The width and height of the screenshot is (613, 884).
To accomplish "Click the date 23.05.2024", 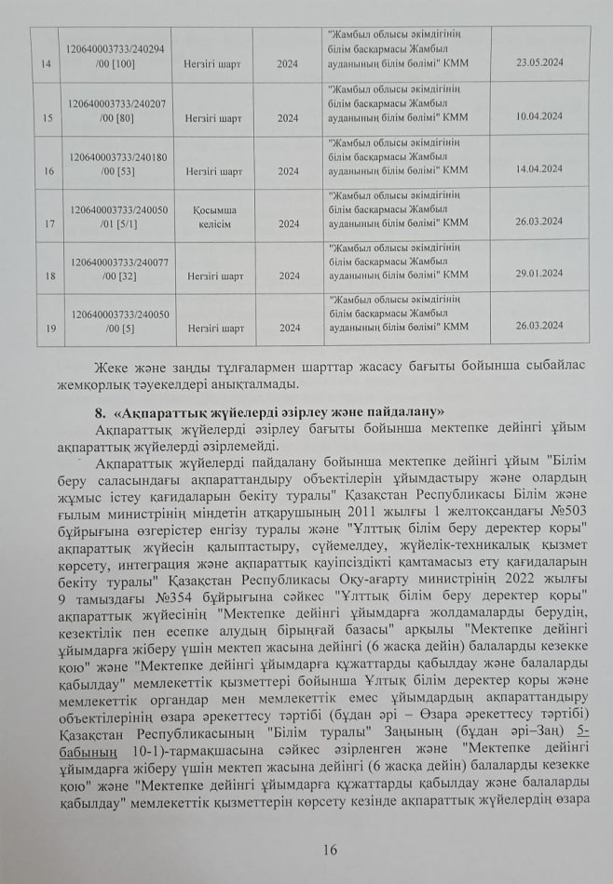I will [x=540, y=63].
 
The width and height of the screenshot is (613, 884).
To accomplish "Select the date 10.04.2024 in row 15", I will [x=540, y=117].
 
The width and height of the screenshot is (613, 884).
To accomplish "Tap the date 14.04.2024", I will [x=540, y=169].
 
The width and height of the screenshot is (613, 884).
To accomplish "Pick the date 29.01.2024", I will [x=540, y=275].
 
